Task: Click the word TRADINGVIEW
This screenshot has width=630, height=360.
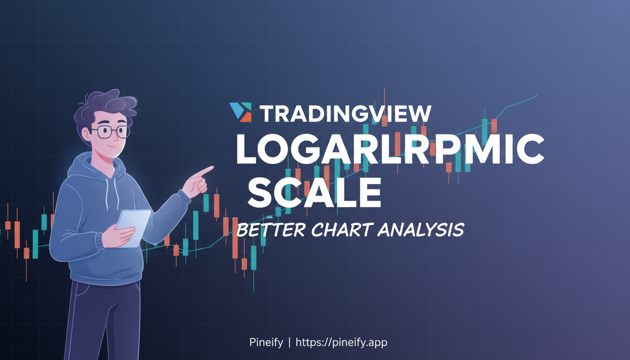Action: [345, 114]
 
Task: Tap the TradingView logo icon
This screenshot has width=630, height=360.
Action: [240, 112]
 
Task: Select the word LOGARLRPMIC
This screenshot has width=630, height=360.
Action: [389, 149]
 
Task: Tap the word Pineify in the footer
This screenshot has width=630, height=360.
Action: [266, 343]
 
